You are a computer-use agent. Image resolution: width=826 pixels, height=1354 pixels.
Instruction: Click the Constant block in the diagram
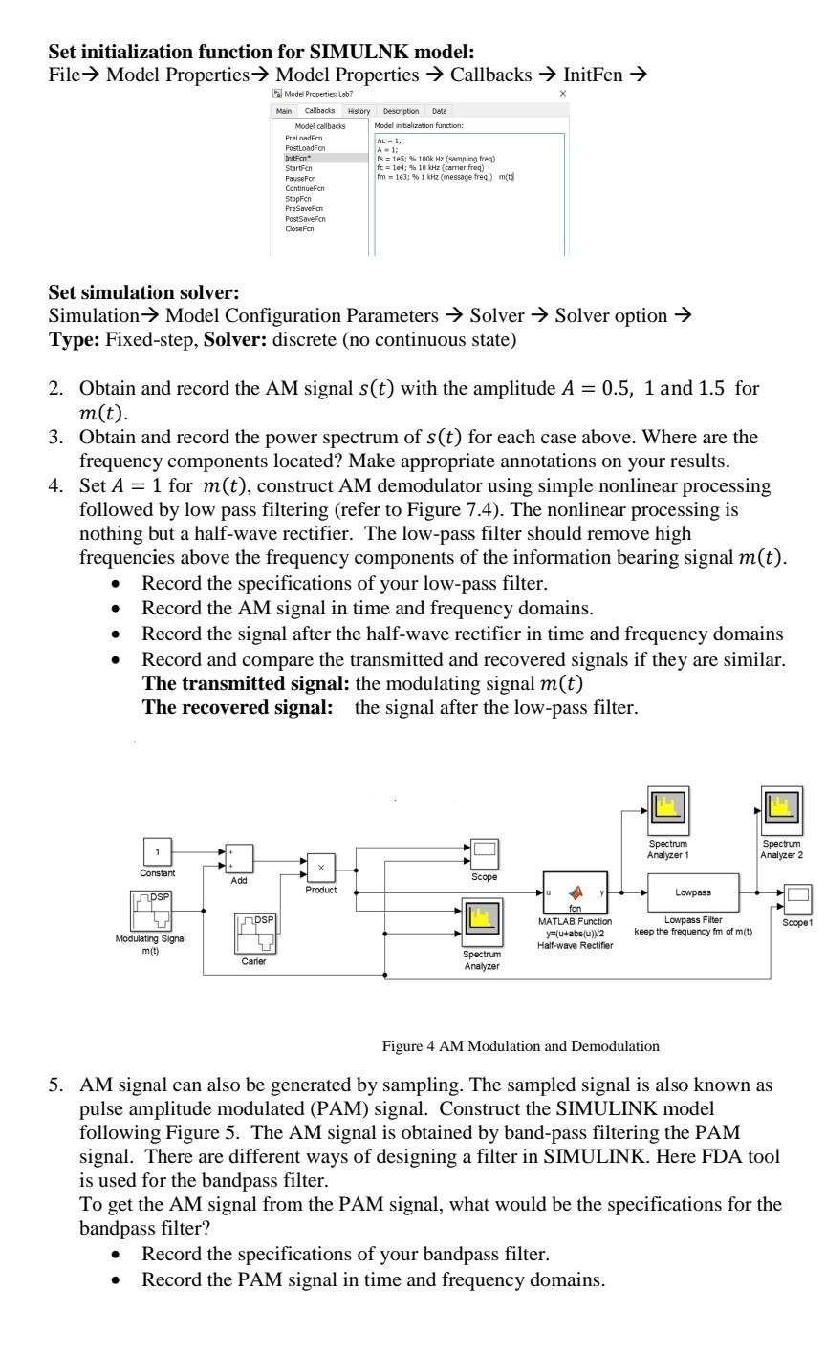tap(159, 849)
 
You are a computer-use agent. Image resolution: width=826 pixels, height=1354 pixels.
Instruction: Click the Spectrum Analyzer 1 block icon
tap(667, 810)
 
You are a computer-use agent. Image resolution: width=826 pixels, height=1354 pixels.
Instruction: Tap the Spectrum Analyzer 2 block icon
tap(781, 810)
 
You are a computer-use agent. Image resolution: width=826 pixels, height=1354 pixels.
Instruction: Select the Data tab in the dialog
tap(439, 111)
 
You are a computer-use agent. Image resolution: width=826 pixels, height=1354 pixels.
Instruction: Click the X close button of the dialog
tap(562, 93)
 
